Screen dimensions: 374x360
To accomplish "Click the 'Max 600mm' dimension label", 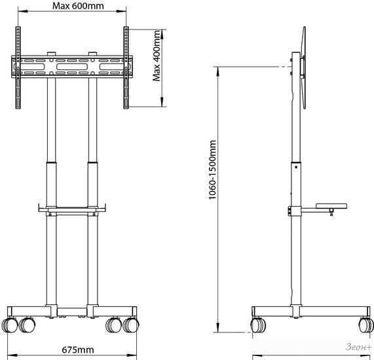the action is (x=78, y=6).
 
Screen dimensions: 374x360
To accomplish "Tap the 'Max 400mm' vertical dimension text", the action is (x=157, y=56).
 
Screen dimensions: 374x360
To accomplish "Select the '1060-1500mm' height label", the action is (x=212, y=170).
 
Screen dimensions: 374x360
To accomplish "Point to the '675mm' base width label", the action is (x=78, y=350).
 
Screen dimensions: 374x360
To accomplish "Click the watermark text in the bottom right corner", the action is (x=358, y=347).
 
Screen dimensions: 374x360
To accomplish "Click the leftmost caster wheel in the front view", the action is (x=10, y=325).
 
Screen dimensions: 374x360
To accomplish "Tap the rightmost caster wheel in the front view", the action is (x=131, y=325).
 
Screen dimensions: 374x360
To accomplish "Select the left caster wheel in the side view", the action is (x=258, y=325).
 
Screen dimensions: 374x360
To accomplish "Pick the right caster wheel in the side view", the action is (x=366, y=325).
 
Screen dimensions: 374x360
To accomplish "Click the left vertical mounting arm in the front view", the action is (x=18, y=67).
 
